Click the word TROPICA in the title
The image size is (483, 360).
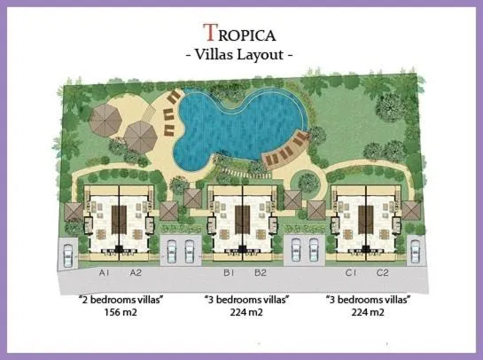[x=239, y=34]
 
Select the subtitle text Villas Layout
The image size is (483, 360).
[x=239, y=55]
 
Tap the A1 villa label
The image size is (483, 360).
[x=104, y=272]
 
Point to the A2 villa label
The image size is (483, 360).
[x=136, y=272]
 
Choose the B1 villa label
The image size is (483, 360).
[x=228, y=272]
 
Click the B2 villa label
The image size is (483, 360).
[x=261, y=272]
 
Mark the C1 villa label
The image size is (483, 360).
[x=351, y=272]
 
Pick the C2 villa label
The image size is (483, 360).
[x=383, y=272]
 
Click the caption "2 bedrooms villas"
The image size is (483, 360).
[x=121, y=301]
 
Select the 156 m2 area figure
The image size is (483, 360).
[x=121, y=313]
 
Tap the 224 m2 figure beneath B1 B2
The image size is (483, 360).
[x=245, y=313]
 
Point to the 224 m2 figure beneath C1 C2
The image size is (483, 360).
[x=367, y=313]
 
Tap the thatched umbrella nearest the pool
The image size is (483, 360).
[x=141, y=136]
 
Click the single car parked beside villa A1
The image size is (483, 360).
[x=68, y=254]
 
